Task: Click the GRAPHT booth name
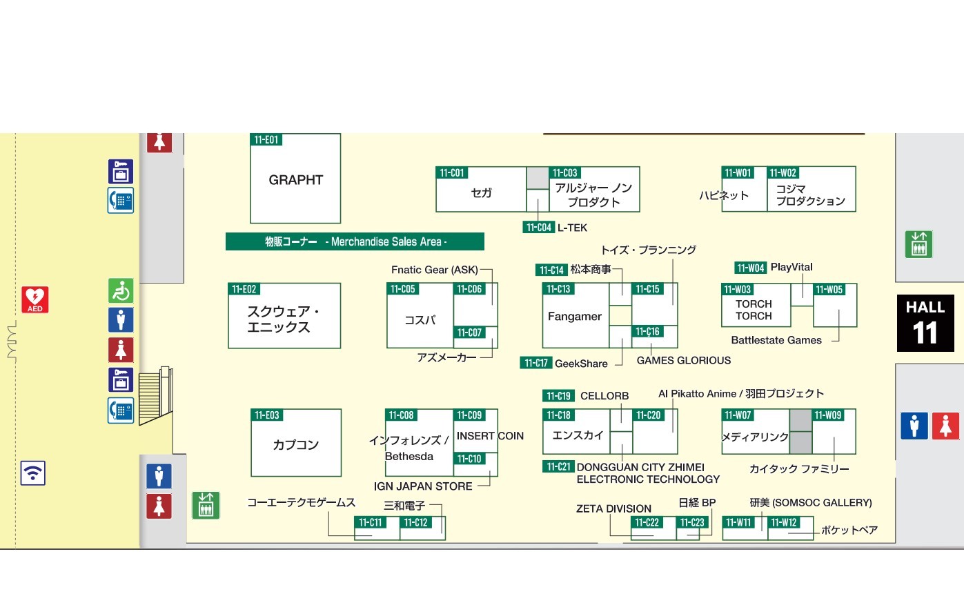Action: (x=295, y=180)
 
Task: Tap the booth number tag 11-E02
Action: (x=244, y=290)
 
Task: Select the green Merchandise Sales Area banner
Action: (x=355, y=241)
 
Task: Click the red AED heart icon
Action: (x=35, y=299)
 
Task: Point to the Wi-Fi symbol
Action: (x=32, y=473)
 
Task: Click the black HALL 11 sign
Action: (x=925, y=323)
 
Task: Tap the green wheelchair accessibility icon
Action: (x=121, y=291)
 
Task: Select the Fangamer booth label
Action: (x=574, y=317)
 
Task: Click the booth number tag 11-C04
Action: (x=538, y=228)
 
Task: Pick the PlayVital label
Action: (x=791, y=268)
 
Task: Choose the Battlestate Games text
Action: (x=776, y=340)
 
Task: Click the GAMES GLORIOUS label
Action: (x=683, y=361)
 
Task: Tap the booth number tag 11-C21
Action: (x=558, y=467)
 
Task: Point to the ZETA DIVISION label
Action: (x=613, y=509)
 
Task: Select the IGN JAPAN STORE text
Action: (x=422, y=486)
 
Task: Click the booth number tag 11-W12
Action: (x=783, y=523)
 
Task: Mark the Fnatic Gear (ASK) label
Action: (x=434, y=270)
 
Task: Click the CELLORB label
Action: (x=604, y=396)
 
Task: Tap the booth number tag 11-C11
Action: (x=370, y=523)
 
